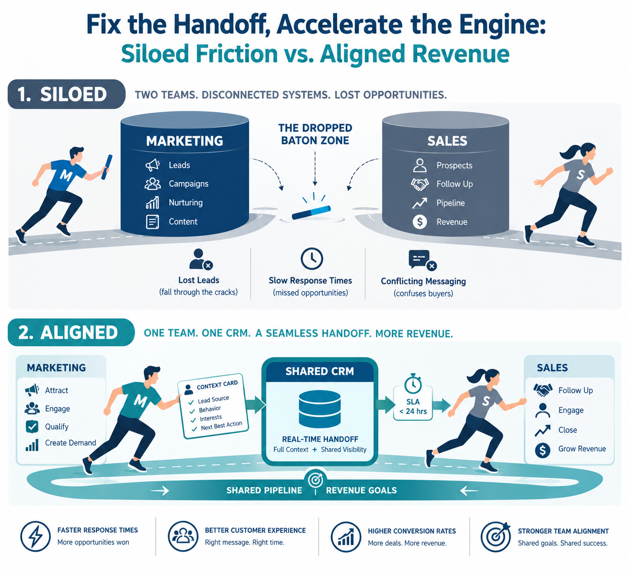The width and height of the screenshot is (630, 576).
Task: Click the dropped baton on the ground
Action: [x=311, y=212]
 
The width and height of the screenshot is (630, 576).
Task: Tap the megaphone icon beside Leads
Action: [x=153, y=165]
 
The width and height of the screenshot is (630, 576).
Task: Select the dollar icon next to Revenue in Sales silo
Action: [x=420, y=221]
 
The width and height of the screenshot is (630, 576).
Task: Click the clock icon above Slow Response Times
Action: [x=312, y=258]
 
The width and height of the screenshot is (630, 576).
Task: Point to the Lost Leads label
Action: [x=199, y=280]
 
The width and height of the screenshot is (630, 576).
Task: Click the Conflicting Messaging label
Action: [x=424, y=281]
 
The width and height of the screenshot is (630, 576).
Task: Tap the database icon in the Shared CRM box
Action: [x=319, y=409]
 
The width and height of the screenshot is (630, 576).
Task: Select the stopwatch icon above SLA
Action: [x=412, y=383]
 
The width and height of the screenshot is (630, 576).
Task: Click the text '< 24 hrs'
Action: [x=413, y=411]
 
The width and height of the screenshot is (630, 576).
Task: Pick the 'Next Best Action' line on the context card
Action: [x=221, y=426]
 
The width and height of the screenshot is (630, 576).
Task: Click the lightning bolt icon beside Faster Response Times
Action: [x=35, y=536]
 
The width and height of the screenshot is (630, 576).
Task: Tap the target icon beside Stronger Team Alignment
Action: [x=496, y=536]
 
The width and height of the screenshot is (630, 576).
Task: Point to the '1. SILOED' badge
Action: [x=66, y=94]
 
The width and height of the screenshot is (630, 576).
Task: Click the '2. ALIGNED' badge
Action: [x=71, y=332]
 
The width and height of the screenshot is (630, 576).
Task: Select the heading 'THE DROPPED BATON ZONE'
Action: [x=315, y=134]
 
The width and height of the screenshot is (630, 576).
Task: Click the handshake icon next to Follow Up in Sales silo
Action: [x=420, y=184]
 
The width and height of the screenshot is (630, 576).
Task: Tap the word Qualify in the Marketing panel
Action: [x=57, y=427]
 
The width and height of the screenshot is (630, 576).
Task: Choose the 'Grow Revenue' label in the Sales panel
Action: [x=582, y=449]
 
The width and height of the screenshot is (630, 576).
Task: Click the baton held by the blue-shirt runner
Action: [x=107, y=167]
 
